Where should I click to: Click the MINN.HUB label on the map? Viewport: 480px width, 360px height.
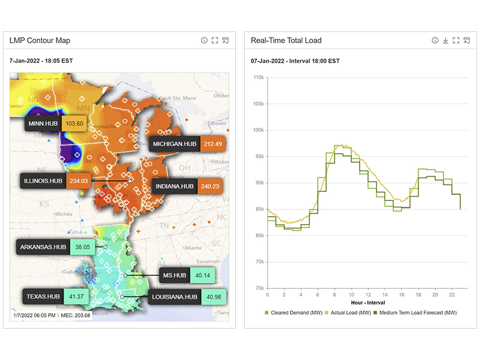43,124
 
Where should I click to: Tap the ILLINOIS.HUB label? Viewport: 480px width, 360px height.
43,181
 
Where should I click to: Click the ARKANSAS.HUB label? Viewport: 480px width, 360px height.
43,247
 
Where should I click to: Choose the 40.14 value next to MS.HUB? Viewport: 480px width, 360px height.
203,275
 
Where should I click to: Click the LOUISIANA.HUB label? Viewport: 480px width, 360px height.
174,297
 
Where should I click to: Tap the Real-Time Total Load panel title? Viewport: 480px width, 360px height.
286,41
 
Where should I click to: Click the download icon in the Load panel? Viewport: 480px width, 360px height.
445,41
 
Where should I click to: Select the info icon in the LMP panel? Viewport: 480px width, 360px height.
204,41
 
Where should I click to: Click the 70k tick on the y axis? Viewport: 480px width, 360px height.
259,288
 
